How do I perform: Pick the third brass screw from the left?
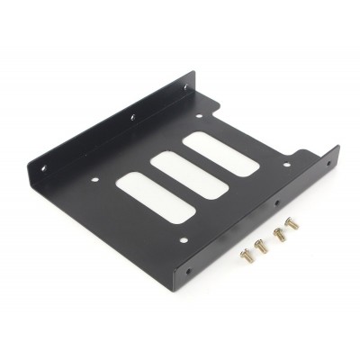tap(277, 236)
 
